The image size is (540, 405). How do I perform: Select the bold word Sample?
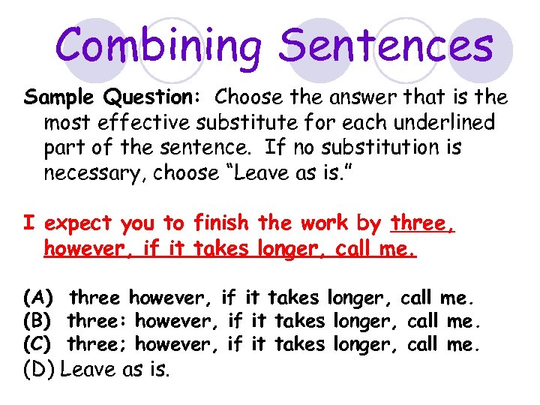click(62, 97)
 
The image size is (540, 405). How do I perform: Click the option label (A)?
click(37, 298)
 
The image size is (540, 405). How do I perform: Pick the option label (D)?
click(38, 370)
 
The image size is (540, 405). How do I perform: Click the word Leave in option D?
click(86, 369)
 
